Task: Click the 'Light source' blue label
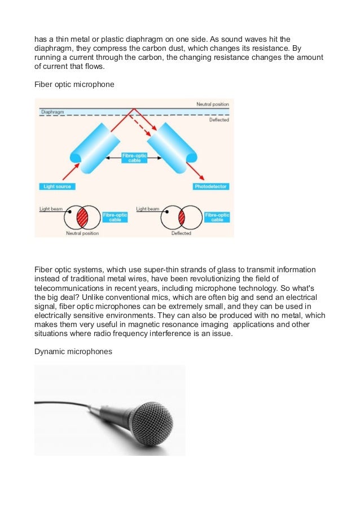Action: [x=58, y=186]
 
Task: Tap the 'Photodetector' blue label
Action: [x=210, y=186]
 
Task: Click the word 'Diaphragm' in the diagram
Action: [x=52, y=112]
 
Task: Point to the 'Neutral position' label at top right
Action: [x=212, y=104]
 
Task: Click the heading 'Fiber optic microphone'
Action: [x=74, y=84]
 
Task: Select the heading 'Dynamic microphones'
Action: [x=73, y=351]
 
